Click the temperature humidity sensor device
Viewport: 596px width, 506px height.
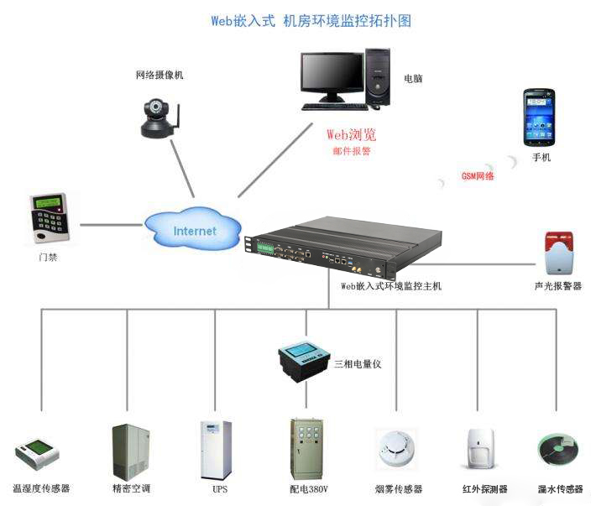39,454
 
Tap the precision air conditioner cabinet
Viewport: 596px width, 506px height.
131,451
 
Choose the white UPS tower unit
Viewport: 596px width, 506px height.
216,450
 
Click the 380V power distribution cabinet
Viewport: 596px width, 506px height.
306,449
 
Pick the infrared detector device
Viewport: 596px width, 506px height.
478,450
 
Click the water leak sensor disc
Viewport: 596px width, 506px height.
558,451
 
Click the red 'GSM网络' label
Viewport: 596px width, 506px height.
478,176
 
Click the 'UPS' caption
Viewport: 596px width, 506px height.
220,489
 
